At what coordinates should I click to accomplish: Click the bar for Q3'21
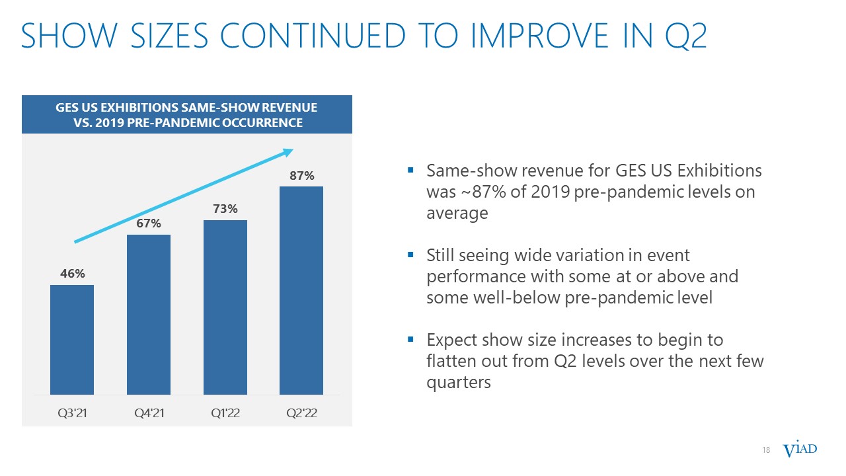pos(72,340)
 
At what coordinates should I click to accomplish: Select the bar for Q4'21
pos(149,315)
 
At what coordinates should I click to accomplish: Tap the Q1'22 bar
pos(225,307)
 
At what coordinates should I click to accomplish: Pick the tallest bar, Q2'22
pos(301,290)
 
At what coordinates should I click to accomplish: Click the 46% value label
pos(73,273)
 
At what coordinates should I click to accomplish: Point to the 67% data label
pos(149,223)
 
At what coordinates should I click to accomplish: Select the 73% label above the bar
pos(225,208)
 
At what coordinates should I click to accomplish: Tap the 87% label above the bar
pos(302,175)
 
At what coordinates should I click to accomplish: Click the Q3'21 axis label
pos(72,413)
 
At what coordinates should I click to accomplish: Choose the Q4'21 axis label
pos(149,413)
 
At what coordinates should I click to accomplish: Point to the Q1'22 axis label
pos(225,413)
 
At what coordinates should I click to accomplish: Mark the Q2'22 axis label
pos(302,413)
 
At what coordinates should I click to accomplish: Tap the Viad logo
pos(800,449)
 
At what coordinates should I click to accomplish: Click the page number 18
pos(766,450)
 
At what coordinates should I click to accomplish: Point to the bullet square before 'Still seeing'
pos(410,255)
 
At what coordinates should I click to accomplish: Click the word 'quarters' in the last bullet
pos(459,383)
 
